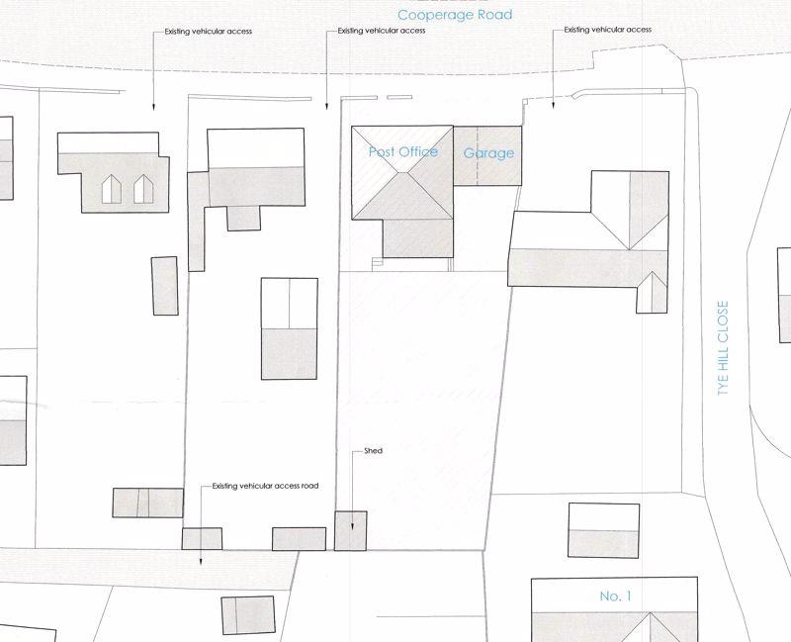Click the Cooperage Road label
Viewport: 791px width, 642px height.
455,15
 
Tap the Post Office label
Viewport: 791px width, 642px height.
403,151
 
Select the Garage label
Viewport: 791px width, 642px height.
488,153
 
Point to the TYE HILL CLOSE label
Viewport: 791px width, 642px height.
723,348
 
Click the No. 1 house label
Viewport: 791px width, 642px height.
615,596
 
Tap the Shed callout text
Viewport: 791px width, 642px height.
374,451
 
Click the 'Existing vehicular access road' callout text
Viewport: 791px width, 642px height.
265,486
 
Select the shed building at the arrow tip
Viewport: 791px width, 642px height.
351,530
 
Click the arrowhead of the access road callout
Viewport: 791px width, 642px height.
201,562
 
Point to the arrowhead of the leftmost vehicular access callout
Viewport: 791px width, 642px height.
154,107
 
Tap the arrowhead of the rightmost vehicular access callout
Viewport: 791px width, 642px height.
554,105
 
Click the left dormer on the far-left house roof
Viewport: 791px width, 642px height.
112,189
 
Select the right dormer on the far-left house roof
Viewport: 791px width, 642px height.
143,189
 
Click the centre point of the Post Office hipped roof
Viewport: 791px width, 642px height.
403,172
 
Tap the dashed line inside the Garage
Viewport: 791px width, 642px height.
478,155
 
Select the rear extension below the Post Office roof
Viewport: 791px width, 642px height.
417,238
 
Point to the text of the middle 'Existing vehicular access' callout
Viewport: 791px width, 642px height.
382,31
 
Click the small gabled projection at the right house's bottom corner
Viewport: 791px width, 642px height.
652,293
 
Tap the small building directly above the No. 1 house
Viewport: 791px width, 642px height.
604,530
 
